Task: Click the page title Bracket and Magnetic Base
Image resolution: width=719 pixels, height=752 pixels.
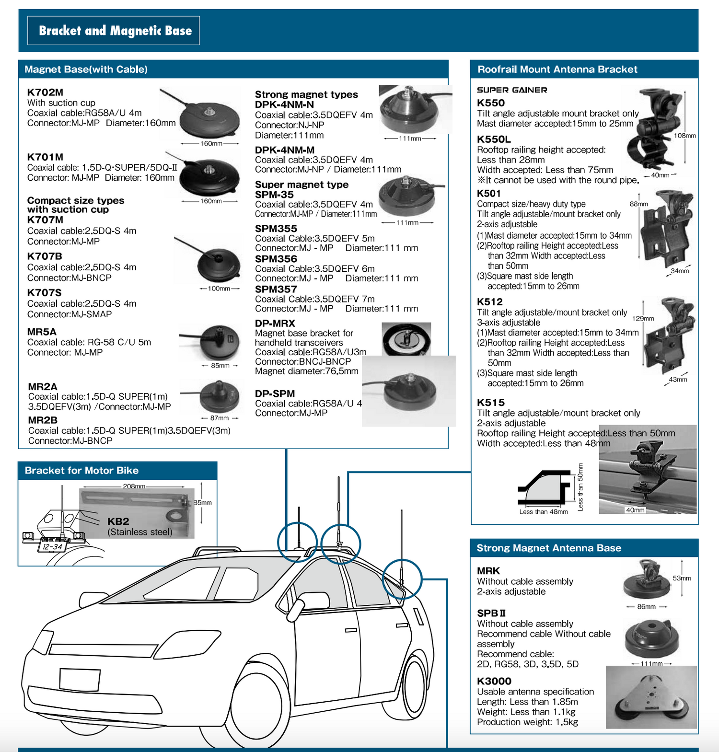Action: [x=115, y=31]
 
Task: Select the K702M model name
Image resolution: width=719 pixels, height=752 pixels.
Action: [x=45, y=93]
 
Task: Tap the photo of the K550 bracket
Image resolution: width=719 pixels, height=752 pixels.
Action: [x=654, y=129]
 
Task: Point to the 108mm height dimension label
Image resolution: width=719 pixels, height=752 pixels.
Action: [x=684, y=136]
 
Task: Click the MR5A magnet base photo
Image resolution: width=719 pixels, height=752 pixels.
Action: [x=219, y=342]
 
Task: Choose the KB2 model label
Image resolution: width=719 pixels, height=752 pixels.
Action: [x=118, y=521]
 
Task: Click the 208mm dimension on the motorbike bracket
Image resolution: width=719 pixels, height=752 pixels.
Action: [x=134, y=486]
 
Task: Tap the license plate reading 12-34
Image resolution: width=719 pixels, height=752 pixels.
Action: [x=52, y=546]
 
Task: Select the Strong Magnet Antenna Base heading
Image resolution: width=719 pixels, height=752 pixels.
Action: [x=549, y=548]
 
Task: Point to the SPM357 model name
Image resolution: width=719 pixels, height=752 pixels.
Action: [x=276, y=289]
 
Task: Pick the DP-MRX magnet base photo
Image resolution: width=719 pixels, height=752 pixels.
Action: [x=406, y=339]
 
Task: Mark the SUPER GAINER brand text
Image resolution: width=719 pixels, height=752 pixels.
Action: [x=512, y=90]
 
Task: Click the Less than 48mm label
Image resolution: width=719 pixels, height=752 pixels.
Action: [x=544, y=512]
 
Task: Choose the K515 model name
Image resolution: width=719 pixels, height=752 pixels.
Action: [x=491, y=403]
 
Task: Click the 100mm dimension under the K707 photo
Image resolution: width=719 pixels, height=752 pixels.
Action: [x=219, y=289]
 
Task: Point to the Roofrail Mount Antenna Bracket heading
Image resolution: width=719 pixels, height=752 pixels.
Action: [x=557, y=69]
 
